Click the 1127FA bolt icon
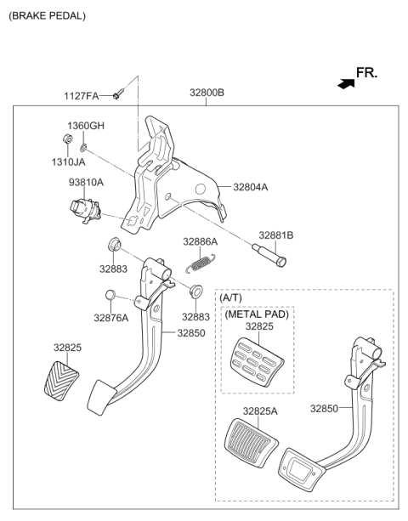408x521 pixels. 118,93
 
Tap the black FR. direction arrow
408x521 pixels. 346,84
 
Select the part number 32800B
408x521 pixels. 207,93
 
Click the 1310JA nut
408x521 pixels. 67,139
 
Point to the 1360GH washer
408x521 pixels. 83,147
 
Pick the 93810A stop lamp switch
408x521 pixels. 85,210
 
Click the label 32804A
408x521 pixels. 250,187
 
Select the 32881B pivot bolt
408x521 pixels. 269,256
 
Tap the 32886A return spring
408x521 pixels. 201,263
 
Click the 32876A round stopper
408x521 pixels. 110,295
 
